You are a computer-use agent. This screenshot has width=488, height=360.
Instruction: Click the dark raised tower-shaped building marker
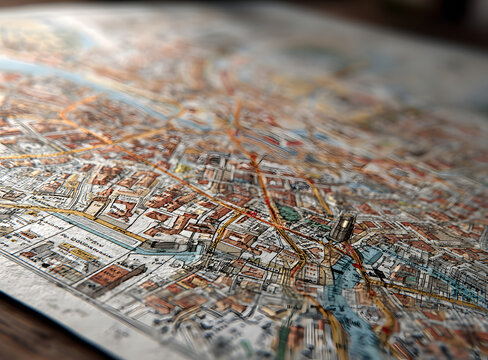click(342, 227)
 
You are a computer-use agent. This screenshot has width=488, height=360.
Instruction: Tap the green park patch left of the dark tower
click(289, 213)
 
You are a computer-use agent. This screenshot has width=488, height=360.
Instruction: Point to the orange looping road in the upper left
click(80, 120)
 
